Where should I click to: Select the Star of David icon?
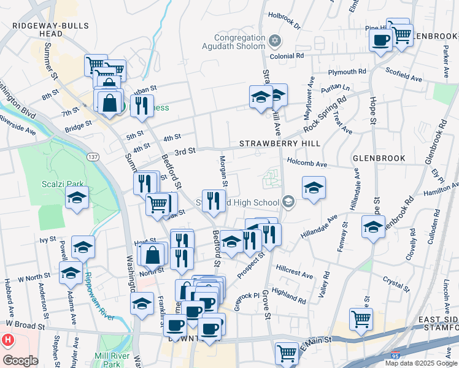[x=275, y=40]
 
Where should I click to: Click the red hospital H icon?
[x=7, y=339]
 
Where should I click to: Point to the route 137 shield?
[x=93, y=158]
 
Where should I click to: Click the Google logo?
[x=20, y=361]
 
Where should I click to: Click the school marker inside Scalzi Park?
[x=77, y=197]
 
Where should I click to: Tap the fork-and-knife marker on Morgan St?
[x=214, y=201]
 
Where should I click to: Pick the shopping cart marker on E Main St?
[x=287, y=353]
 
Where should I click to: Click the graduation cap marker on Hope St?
[x=373, y=227]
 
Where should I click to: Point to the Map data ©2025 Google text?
[x=420, y=363]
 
